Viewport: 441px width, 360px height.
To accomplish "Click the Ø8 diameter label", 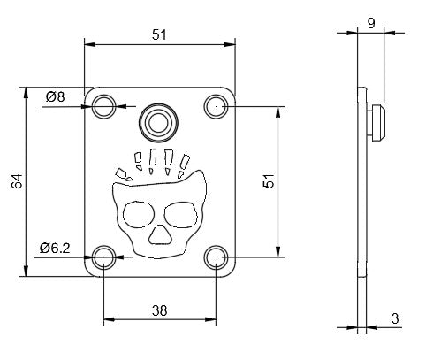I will point(54,96).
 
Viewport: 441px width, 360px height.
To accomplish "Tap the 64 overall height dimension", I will point(16,181).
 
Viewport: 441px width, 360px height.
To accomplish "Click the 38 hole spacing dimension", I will point(160,311).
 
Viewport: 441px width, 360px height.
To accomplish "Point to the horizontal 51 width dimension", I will point(160,34).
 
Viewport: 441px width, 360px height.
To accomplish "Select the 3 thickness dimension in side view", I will point(395,318).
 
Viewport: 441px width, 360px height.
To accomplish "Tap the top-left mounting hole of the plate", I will point(105,107).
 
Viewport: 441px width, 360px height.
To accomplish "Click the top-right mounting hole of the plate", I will point(216,107).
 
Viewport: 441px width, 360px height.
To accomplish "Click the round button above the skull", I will point(160,119).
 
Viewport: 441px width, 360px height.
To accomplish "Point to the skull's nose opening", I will point(160,234).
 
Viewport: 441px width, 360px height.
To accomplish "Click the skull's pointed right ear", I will point(201,180).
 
